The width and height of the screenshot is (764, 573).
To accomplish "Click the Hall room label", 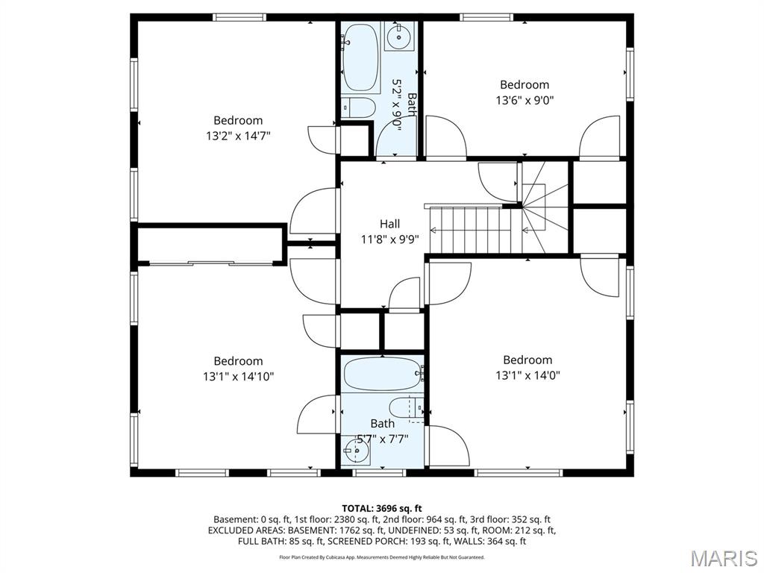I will (x=389, y=224).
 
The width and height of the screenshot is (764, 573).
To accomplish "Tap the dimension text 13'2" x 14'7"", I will (x=238, y=136).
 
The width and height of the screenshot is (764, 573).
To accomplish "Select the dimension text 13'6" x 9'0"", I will (x=525, y=100).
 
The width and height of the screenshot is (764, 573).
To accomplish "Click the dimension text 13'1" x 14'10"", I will (x=238, y=377).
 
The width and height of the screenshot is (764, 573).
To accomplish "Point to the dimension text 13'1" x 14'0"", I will (x=527, y=375).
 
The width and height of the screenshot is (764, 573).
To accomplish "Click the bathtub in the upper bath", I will (x=360, y=57).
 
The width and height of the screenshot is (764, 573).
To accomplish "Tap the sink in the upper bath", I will (x=400, y=35).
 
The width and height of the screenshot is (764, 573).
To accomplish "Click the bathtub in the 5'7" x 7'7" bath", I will (x=382, y=373).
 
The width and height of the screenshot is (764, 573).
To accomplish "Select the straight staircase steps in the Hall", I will (x=473, y=230).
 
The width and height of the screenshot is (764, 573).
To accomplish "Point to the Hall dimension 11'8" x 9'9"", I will (x=389, y=239).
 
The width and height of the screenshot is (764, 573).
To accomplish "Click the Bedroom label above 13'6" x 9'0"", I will (x=525, y=85).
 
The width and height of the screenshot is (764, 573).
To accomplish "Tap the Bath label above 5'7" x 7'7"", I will (x=382, y=423).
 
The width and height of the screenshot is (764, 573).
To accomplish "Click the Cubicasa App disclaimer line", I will (x=382, y=557).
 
